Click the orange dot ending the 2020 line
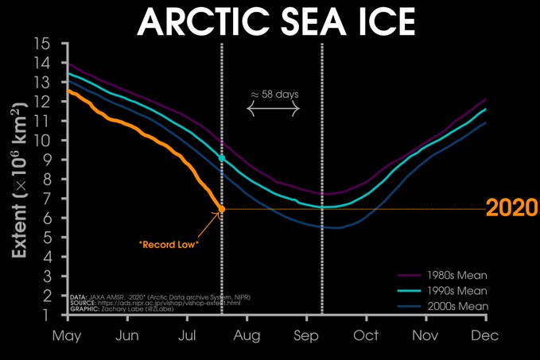point(221,209)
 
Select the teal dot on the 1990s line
point(221,158)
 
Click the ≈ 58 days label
point(274,95)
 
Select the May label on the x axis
point(67,336)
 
